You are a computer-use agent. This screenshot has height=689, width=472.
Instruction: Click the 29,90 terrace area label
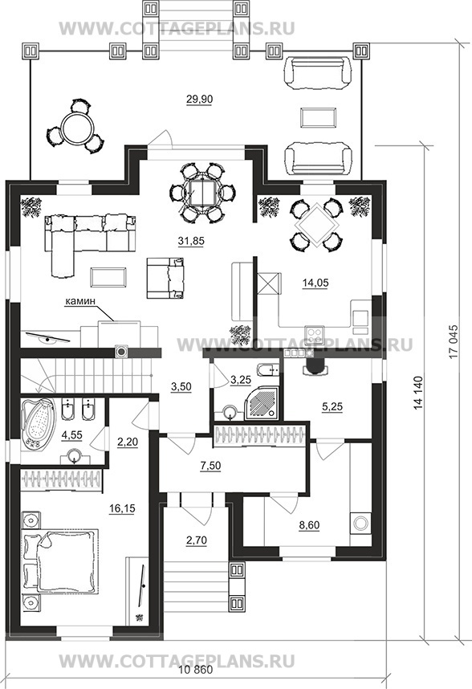199,100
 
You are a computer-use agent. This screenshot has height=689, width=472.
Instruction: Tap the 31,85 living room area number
191,241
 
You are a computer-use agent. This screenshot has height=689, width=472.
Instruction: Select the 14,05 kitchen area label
315,283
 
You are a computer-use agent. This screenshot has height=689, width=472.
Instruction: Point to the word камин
80,301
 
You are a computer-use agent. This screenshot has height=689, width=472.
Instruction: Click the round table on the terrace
77,128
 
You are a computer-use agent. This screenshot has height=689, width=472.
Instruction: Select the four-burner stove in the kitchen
315,336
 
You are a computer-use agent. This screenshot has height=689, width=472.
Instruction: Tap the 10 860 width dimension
196,671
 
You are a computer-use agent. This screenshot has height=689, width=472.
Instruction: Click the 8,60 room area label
309,525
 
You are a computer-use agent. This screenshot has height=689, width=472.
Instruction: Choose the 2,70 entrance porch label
196,541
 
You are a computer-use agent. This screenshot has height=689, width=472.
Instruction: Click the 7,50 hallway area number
210,467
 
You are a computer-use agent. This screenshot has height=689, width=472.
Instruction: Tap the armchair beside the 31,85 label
165,278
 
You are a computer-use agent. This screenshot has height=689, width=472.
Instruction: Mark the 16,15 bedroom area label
122,509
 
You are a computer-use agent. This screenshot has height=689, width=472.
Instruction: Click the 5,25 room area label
332,407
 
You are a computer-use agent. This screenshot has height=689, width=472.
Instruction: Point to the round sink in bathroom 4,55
75,456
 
